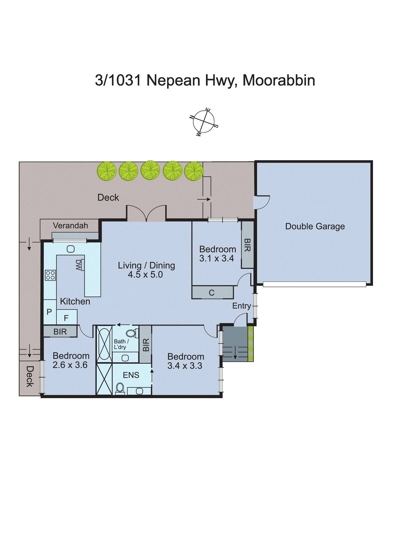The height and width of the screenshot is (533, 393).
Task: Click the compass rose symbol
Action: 204,122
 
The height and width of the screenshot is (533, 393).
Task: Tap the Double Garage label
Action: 315,227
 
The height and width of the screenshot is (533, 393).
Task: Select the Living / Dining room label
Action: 146,266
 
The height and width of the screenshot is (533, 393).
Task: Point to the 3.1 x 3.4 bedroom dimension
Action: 216,259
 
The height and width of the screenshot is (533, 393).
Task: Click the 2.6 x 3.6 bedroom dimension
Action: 70,365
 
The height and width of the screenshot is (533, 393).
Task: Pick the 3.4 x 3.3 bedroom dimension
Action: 185,366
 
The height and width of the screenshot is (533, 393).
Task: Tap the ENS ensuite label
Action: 131,375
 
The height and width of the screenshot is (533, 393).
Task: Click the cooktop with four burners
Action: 50,275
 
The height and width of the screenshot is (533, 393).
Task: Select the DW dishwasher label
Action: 79,265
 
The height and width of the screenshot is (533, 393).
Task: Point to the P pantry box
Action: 49,312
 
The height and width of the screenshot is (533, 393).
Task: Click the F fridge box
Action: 66,318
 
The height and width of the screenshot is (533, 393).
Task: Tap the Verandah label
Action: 70,226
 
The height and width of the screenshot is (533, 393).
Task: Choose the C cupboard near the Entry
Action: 212,293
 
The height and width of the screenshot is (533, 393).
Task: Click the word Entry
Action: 241,306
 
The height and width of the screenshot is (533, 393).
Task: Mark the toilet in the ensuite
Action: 120,388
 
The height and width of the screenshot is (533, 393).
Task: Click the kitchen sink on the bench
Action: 71,249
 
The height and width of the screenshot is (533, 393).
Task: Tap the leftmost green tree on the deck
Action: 107,171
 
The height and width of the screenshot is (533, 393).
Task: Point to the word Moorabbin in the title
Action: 279,80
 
